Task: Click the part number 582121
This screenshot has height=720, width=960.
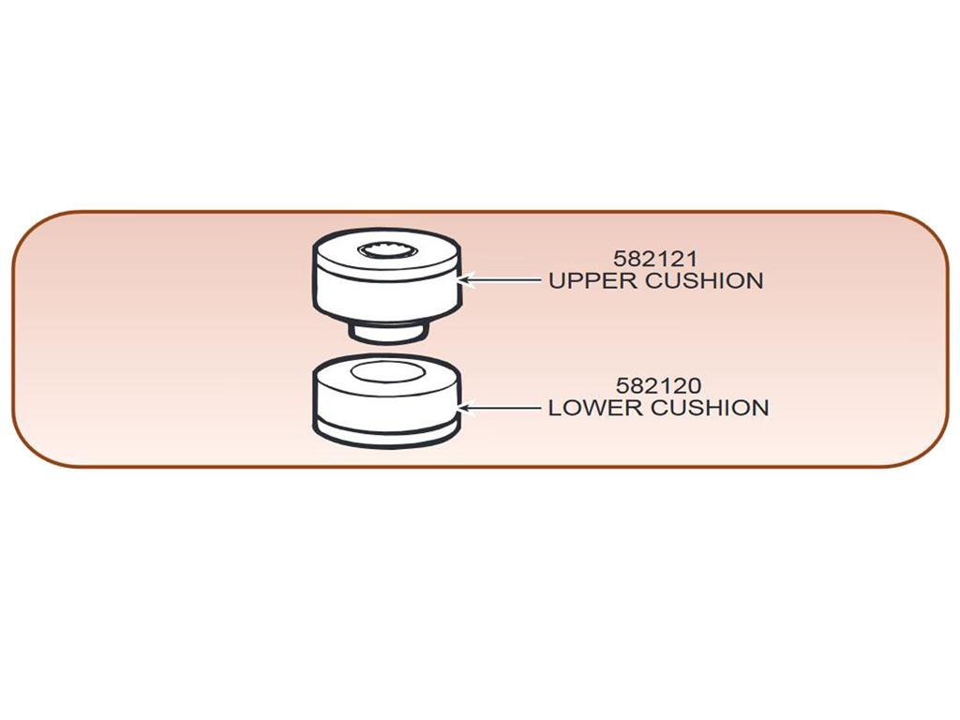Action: (x=655, y=259)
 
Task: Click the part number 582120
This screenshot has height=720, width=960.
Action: (x=658, y=385)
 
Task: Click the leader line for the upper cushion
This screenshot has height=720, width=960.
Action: (x=500, y=280)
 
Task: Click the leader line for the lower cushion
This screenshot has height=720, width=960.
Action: (x=500, y=407)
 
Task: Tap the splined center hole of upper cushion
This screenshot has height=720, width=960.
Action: (x=388, y=249)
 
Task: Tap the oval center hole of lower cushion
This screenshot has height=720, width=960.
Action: (x=384, y=371)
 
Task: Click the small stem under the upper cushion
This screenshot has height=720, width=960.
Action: (x=387, y=333)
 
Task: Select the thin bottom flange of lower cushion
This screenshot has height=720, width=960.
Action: (x=387, y=436)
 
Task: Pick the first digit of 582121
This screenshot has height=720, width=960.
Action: (x=621, y=259)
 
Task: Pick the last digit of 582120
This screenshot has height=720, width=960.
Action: (x=695, y=385)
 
